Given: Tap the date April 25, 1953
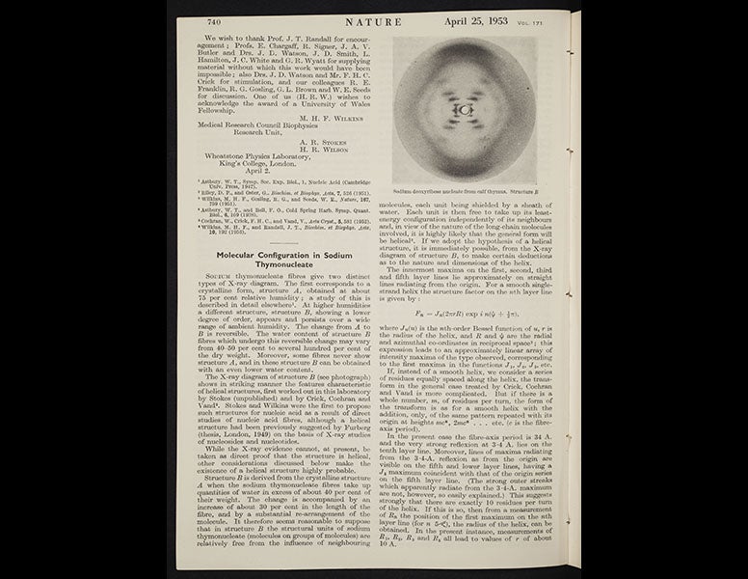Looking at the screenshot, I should tap(494, 21).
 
